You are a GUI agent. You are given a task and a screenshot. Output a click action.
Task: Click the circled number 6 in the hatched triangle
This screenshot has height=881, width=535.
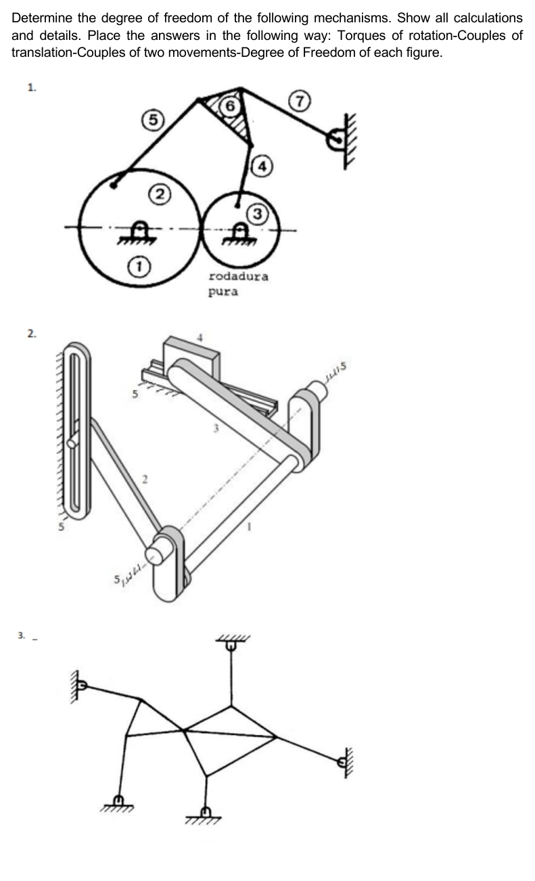coord(231,106)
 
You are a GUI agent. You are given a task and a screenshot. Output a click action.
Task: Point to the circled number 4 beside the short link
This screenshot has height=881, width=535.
coord(262,164)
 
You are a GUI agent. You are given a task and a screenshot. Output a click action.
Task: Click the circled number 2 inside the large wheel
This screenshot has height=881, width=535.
coord(158,196)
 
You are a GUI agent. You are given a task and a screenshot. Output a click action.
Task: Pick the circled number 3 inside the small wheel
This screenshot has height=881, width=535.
coord(257,214)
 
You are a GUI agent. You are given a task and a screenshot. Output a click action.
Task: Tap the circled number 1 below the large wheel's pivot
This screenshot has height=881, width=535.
coord(138,265)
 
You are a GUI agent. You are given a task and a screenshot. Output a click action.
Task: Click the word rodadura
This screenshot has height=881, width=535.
coord(238,276)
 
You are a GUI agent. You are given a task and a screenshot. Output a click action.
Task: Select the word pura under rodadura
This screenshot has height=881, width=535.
coord(223,293)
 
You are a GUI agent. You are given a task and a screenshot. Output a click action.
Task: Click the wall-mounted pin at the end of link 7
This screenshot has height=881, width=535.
coord(335,141)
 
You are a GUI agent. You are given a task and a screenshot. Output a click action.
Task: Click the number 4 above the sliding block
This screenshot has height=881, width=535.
coord(199,336)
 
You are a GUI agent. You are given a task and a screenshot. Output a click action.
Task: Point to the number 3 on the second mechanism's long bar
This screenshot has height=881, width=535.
coord(216,427)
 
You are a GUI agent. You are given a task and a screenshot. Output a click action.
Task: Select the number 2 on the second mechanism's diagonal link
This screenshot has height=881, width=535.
coord(144,480)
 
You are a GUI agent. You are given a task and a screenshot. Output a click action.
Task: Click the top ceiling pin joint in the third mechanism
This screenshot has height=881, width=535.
coord(231,646)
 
